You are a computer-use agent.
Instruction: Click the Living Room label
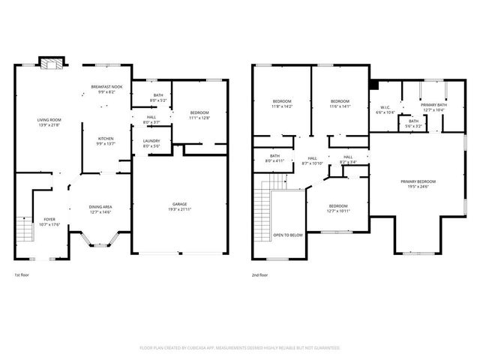click(49, 121)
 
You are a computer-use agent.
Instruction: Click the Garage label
click(179, 204)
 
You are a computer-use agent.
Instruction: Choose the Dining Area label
click(101, 208)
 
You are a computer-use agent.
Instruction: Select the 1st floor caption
click(21, 275)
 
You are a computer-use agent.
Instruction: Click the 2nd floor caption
click(259, 275)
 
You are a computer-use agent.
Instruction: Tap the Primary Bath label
click(433, 106)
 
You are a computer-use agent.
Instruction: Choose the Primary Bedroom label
click(418, 182)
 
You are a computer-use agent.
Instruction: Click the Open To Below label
click(288, 235)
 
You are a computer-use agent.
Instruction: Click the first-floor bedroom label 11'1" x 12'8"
click(199, 113)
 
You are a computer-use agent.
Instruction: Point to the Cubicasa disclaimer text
click(240, 348)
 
